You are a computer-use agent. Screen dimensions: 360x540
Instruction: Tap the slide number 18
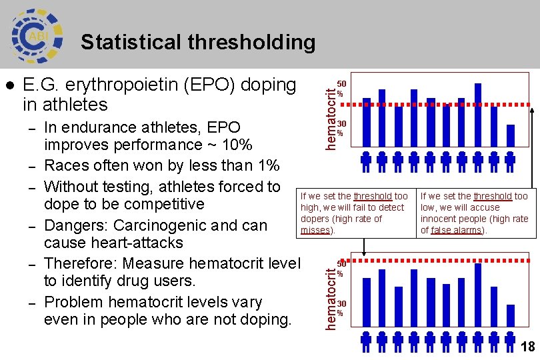tap(527, 346)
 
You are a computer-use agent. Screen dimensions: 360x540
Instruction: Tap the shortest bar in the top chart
tap(510, 135)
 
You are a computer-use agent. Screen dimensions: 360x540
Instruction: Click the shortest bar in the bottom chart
tap(510, 315)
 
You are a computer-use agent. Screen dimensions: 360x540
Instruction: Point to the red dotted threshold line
tap(440, 104)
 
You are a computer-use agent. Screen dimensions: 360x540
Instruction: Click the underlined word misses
tap(315, 230)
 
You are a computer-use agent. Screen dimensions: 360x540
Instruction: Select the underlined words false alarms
tap(459, 230)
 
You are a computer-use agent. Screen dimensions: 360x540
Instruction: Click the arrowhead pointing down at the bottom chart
tap(364, 252)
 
